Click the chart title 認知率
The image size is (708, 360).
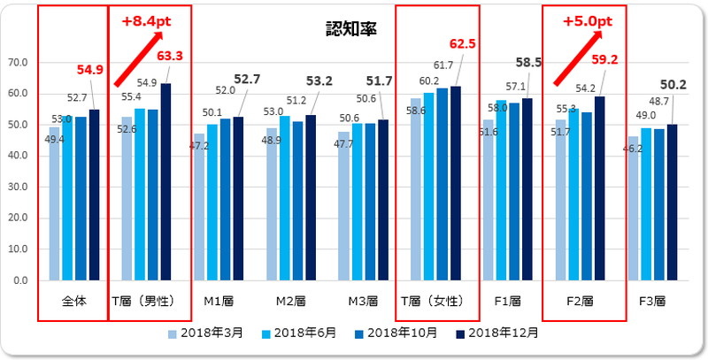tap(351, 28)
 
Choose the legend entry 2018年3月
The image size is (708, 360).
tap(205, 333)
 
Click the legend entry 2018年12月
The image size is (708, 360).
tap(493, 333)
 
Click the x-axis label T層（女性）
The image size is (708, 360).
tap(433, 301)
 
